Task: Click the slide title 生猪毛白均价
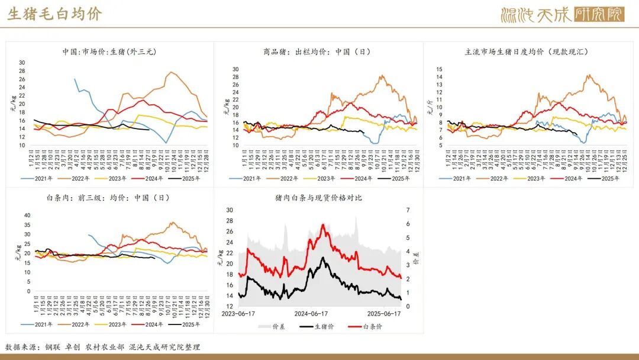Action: (x=54, y=14)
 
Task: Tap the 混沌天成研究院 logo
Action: (x=562, y=14)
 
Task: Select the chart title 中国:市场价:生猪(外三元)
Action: (x=109, y=52)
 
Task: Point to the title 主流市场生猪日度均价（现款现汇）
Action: (x=527, y=52)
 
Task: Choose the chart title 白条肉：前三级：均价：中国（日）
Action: (x=109, y=198)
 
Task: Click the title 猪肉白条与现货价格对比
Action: (x=318, y=198)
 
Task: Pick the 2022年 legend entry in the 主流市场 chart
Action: (x=495, y=178)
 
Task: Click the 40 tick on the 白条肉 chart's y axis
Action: (x=26, y=216)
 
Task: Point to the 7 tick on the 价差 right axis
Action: (x=408, y=210)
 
